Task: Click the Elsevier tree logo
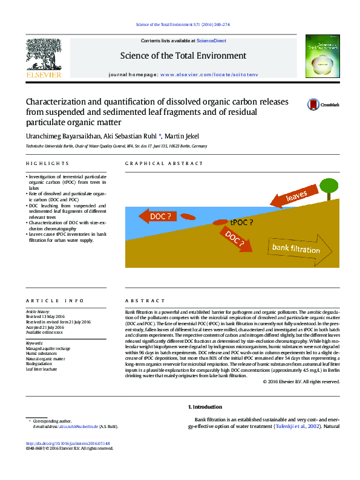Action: (43, 57)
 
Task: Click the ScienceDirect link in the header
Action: (212, 41)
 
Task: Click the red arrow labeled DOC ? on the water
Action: (157, 216)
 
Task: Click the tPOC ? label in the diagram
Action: (241, 222)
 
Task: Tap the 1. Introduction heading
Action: (205, 407)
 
